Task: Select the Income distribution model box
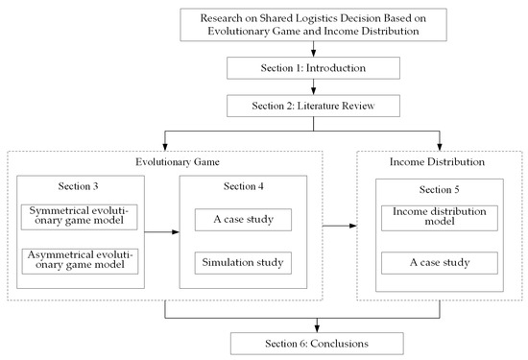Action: click(x=438, y=218)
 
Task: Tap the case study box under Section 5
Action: click(x=438, y=262)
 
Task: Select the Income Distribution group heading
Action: click(x=439, y=160)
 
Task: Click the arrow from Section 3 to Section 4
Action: click(x=159, y=230)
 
